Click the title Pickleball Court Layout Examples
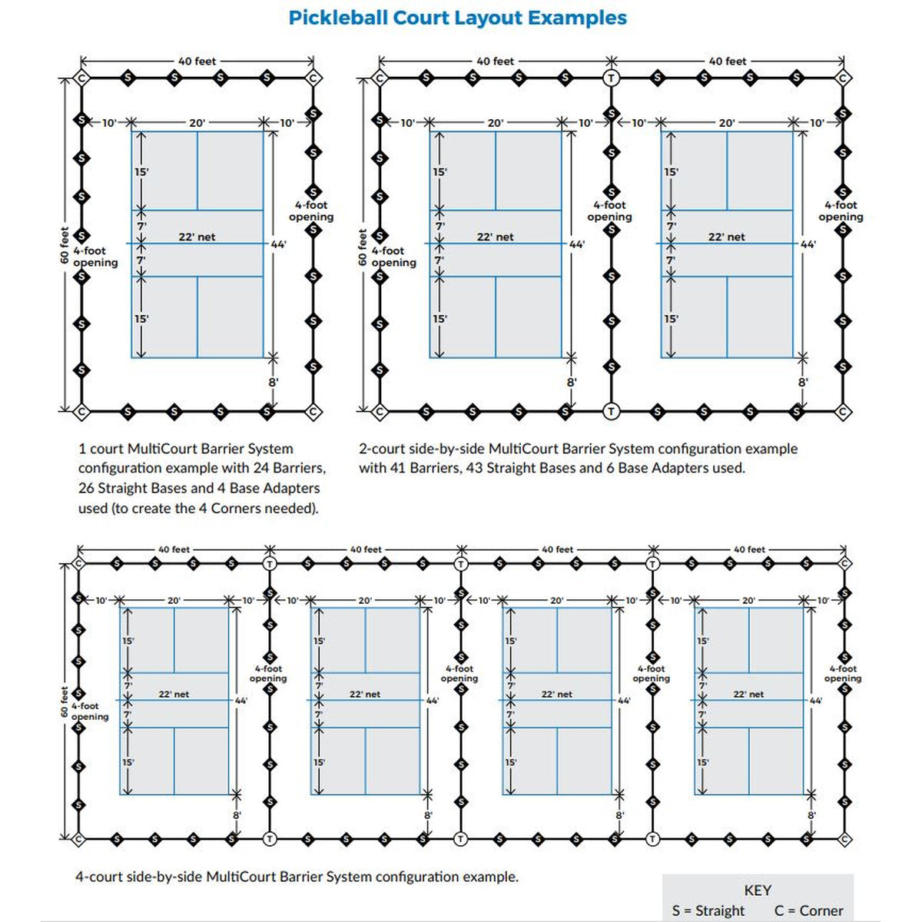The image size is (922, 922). [x=458, y=18]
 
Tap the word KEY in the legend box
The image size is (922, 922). [x=758, y=890]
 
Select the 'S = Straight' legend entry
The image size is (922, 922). [x=708, y=910]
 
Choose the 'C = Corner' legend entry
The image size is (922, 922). [x=808, y=910]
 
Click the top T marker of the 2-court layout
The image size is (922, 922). [x=611, y=78]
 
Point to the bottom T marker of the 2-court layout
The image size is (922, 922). [x=611, y=412]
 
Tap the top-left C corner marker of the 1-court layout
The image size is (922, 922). [x=81, y=78]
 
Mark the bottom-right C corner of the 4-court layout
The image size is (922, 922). [x=844, y=838]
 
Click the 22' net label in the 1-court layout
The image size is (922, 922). [x=197, y=237]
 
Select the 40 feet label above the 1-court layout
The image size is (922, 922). [x=197, y=61]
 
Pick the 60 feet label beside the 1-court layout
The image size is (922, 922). [x=65, y=245]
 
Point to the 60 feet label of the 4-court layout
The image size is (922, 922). [x=65, y=701]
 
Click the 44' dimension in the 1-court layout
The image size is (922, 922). [x=277, y=244]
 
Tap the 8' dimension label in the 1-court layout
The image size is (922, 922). [x=273, y=382]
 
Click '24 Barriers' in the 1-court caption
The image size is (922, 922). [x=288, y=468]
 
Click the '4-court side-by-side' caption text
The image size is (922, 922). [x=138, y=877]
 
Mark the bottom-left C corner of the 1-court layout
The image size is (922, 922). [x=81, y=412]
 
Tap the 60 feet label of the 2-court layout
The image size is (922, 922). [x=363, y=247]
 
